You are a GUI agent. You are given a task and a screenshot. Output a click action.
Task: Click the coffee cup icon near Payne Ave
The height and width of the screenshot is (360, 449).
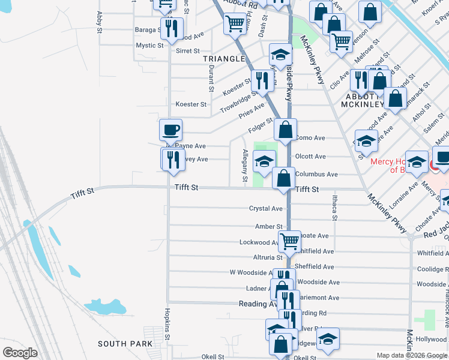[170, 129]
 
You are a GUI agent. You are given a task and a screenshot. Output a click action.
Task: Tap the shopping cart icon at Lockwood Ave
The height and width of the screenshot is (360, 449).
[289, 241]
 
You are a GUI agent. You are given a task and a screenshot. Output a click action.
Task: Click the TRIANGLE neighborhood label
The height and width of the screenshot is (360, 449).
[224, 58]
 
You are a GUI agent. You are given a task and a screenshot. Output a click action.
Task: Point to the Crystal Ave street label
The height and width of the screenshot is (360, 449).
[266, 208]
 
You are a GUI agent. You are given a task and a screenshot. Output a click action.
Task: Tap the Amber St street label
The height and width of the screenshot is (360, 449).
[268, 226]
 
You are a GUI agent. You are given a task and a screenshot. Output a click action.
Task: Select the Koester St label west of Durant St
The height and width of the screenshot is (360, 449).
[191, 104]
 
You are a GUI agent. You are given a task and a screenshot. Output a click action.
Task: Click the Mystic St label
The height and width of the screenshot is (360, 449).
[149, 45]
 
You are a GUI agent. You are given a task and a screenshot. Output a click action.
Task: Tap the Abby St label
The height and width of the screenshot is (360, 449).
[100, 19]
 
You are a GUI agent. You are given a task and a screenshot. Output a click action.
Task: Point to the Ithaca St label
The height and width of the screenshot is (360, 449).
[335, 207]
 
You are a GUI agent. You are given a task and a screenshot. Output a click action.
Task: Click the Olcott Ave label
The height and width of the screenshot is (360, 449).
[310, 156]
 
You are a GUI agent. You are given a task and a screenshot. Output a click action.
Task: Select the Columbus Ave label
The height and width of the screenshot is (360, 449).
[316, 174]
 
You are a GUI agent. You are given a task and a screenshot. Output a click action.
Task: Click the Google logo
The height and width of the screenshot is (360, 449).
[20, 352]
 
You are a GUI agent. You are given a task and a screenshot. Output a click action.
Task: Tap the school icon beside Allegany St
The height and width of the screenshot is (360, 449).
[264, 161]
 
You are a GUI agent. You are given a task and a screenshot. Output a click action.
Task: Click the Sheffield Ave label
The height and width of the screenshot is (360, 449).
[315, 266]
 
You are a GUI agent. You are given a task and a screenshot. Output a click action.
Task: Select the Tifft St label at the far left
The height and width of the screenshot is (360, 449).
[83, 193]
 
